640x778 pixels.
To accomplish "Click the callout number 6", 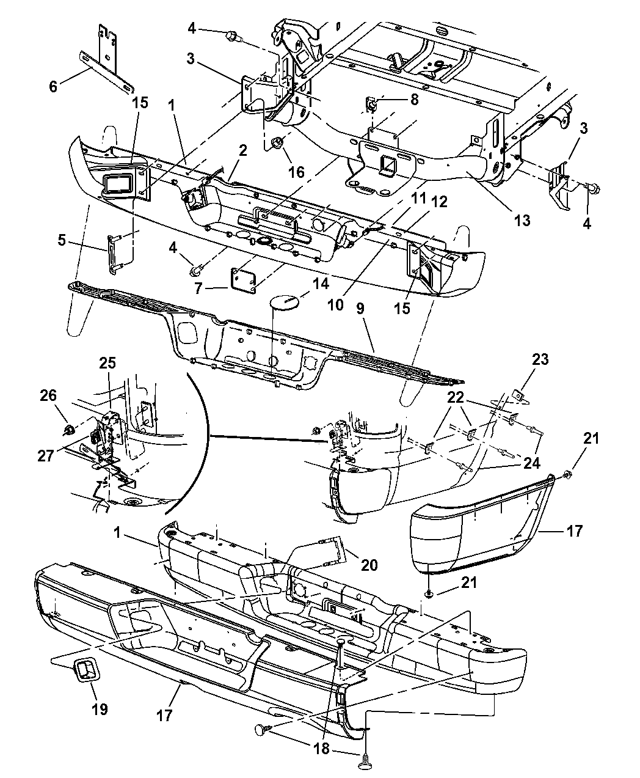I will [53, 87].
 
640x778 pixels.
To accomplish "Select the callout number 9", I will [360, 309].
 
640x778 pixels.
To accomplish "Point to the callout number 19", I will [100, 709].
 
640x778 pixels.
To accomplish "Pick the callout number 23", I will [540, 359].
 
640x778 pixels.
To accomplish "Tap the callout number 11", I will [419, 199].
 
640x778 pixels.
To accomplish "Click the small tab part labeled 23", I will [518, 396].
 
